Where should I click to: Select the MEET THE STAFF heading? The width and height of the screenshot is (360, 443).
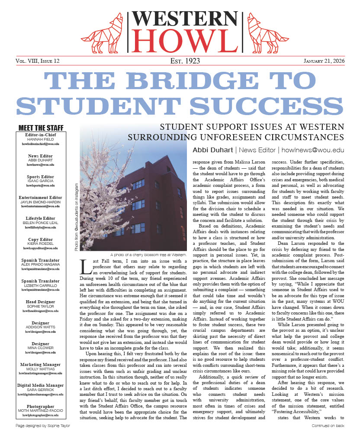click(41, 128)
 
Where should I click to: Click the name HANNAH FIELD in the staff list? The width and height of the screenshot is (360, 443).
click(41, 140)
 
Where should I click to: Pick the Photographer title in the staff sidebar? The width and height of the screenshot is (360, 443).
click(41, 407)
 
